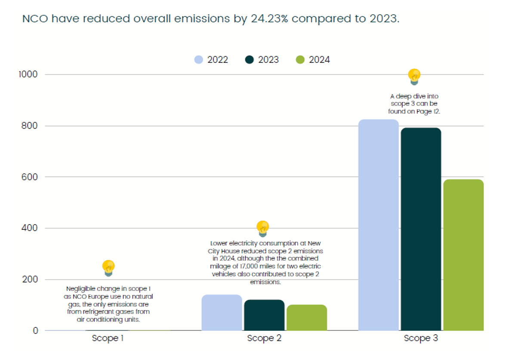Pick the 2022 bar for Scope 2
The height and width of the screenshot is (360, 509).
pos(222,313)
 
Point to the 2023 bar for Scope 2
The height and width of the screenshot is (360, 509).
pos(264,315)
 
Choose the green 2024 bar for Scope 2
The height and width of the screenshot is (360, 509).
pos(307,318)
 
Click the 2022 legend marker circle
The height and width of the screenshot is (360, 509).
pos(198,60)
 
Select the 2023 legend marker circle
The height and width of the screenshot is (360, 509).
pos(250,60)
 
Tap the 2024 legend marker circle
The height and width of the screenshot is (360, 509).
pos(301,60)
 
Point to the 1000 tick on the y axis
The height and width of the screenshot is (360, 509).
pos(28,74)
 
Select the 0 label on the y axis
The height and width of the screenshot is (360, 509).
pos(35,331)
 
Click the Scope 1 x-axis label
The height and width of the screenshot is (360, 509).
pos(108,338)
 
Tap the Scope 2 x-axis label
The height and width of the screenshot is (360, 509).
pos(264,338)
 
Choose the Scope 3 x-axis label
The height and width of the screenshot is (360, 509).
pos(421,338)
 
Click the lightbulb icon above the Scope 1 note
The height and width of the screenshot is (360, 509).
pos(108,268)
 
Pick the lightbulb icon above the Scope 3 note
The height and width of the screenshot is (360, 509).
pos(414,77)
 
